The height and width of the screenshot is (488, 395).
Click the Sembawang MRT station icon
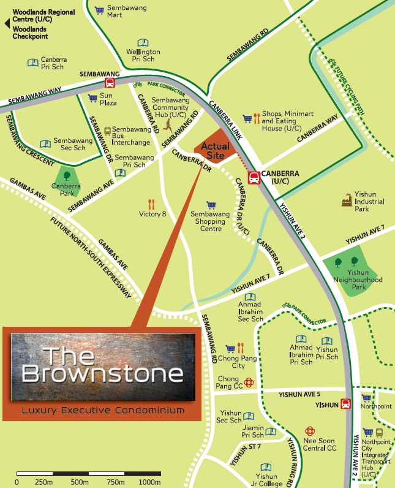click(110, 83)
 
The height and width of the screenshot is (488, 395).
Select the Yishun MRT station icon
click(345, 404)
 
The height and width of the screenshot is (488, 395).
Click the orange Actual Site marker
click(216, 147)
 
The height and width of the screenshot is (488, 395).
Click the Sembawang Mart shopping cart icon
click(99, 9)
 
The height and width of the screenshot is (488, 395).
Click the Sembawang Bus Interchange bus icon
click(108, 131)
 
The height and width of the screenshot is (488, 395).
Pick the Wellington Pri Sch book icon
click(143, 42)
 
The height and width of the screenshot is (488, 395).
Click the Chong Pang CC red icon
click(249, 383)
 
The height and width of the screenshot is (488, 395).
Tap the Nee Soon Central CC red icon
click(310, 432)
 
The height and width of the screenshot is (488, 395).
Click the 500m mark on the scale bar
click(88, 473)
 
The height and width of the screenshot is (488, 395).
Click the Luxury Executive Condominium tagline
click(102, 410)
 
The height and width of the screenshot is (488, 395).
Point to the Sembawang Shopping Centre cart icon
click(211, 205)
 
